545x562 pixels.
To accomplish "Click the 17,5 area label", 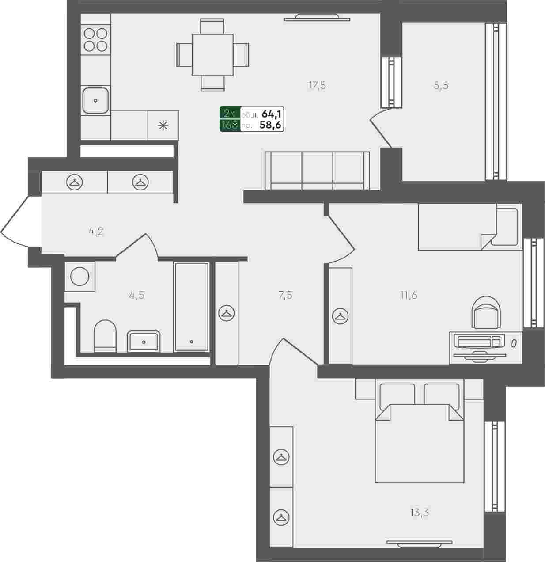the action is [x=317, y=85].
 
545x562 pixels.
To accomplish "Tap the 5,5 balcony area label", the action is [x=441, y=86].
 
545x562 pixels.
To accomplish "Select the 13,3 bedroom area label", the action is [x=419, y=513].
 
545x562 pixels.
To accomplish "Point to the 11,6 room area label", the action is [x=409, y=296].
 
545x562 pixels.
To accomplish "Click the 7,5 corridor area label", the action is [x=286, y=296].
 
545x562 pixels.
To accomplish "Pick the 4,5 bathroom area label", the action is [x=137, y=296].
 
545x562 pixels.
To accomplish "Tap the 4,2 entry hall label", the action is [x=96, y=232].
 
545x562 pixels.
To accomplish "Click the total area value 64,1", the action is [x=271, y=114].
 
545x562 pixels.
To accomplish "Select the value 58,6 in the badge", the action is [x=270, y=125].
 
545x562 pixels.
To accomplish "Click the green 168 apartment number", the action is [x=230, y=125].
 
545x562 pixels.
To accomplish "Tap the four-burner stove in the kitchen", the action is [x=95, y=40].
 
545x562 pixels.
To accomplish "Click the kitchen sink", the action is [x=95, y=100].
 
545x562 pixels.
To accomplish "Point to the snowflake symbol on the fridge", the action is [x=163, y=125].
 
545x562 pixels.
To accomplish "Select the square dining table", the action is [x=213, y=55].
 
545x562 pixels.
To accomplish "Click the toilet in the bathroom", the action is [x=105, y=336].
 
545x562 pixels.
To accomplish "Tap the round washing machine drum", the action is [x=79, y=277].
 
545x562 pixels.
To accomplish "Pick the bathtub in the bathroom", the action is [x=191, y=307].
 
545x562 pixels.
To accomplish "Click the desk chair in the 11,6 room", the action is [x=486, y=312].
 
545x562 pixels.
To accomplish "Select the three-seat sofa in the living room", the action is [x=317, y=171].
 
